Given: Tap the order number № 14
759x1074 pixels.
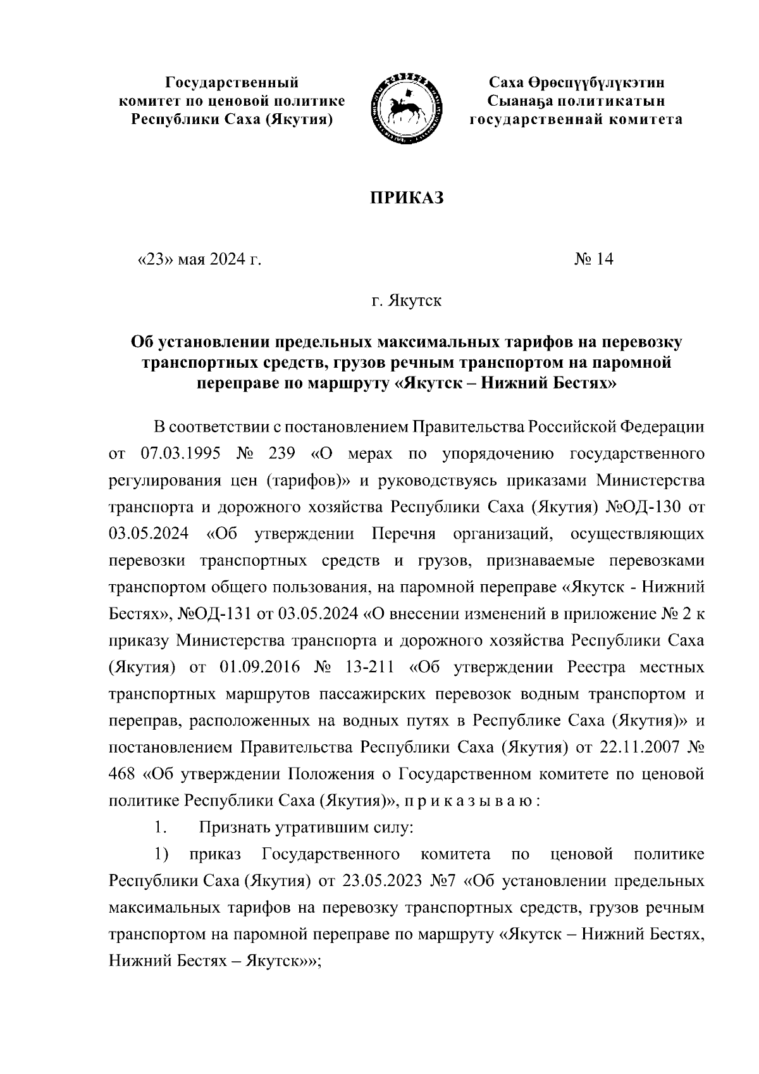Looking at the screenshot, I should click(593, 259).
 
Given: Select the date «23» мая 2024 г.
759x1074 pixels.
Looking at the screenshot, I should click(199, 259).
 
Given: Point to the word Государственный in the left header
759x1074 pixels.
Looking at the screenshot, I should click(232, 82).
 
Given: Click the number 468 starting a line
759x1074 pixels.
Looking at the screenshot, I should click(123, 774).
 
